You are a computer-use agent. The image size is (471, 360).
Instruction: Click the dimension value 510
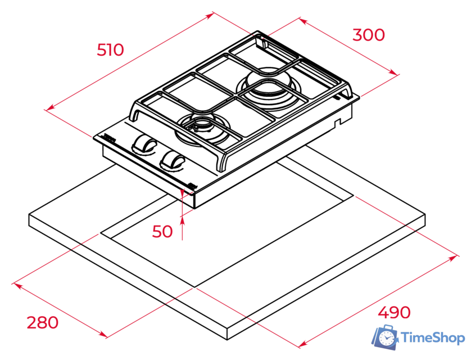110,50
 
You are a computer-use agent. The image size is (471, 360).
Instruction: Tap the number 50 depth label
163,231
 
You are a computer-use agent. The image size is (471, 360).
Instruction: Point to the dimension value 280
42,322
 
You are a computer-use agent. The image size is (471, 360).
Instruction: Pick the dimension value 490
393,313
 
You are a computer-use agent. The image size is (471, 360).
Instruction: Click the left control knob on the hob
144,145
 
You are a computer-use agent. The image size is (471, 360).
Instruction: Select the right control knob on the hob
171,160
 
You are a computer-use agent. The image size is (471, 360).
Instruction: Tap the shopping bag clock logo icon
386,336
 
